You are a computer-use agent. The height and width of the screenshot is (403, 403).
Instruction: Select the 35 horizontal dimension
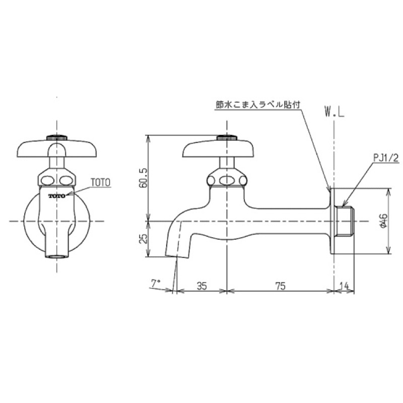[201, 286]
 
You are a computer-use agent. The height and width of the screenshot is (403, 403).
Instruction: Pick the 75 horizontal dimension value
[281, 286]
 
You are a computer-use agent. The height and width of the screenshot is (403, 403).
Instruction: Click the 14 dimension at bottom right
[345, 286]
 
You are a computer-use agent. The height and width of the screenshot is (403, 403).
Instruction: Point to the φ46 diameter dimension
[383, 222]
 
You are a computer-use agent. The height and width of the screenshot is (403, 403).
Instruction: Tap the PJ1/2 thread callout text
[386, 158]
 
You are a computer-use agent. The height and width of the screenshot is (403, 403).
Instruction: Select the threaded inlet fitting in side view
[347, 222]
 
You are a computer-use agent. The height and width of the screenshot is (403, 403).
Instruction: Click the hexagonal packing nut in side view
[226, 179]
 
